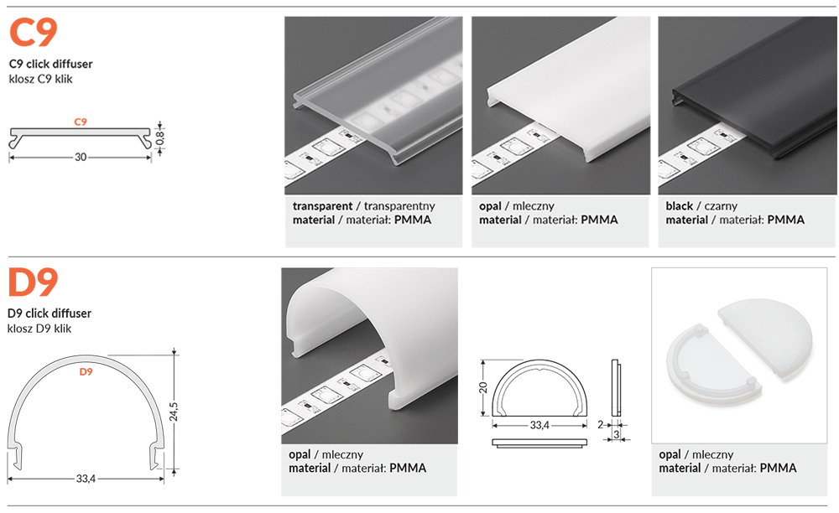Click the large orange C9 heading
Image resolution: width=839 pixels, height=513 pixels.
click(x=33, y=33)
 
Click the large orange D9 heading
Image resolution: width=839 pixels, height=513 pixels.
click(x=33, y=282)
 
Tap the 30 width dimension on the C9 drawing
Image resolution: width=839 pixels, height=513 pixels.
click(x=81, y=157)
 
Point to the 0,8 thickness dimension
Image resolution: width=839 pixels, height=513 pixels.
click(x=160, y=136)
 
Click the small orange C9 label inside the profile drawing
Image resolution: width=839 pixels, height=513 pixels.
click(x=81, y=122)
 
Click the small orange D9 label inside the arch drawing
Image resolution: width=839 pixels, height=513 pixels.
click(x=86, y=371)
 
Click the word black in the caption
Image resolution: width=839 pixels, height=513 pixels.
click(x=679, y=206)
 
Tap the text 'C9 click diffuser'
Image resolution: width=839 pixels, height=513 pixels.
click(x=50, y=64)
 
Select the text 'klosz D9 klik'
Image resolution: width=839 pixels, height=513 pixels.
click(x=39, y=329)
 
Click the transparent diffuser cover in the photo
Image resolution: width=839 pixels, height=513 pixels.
click(x=378, y=92)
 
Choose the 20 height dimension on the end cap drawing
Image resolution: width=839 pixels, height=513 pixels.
click(x=482, y=388)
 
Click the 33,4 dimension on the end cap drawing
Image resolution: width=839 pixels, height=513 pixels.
click(x=539, y=426)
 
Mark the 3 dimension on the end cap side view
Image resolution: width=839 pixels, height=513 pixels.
click(x=617, y=434)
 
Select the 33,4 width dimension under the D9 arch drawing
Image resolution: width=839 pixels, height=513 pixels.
click(x=86, y=479)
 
